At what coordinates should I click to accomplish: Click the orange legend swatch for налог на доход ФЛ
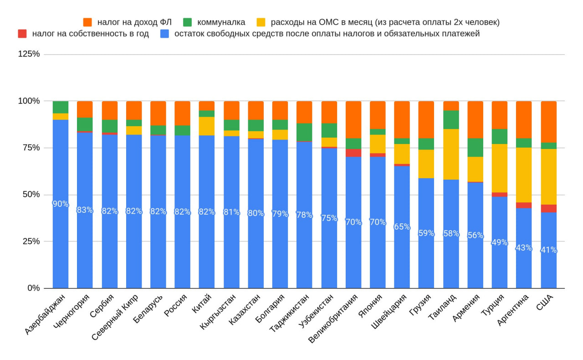(x=88, y=22)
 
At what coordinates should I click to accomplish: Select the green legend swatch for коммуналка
(x=187, y=22)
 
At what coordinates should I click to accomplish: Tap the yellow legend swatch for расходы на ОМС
(x=261, y=22)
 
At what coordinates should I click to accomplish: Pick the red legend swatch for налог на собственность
(x=22, y=34)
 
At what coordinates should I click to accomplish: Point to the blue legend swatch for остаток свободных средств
(x=165, y=34)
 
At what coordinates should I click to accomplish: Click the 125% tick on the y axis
(x=29, y=54)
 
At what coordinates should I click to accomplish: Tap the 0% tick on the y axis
(x=33, y=288)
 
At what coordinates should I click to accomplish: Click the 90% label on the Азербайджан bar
(x=61, y=204)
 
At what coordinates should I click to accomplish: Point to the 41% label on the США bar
(x=548, y=250)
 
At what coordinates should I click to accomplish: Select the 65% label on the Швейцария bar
(x=402, y=227)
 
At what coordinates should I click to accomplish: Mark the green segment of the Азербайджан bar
(x=61, y=107)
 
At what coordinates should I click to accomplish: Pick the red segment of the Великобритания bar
(x=353, y=153)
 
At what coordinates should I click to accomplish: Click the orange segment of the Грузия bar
(x=426, y=119)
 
